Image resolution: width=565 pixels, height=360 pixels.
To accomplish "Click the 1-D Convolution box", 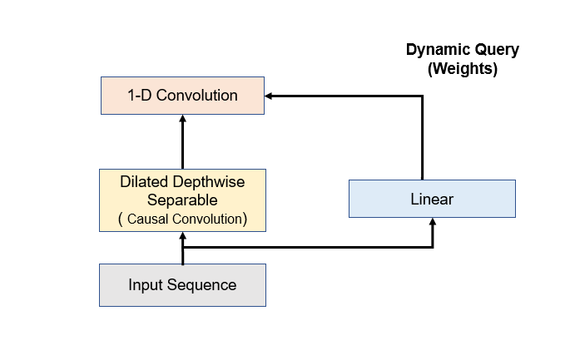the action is pos(183,96).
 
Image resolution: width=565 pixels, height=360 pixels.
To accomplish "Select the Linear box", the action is pos(432,199).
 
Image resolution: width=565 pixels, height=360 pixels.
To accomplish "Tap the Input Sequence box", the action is pos(183,285).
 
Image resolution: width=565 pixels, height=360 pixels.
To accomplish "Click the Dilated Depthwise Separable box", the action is pos(183,200).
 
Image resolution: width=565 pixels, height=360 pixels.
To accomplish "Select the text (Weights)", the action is pos(463,68).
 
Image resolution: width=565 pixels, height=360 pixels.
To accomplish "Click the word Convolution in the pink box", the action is pos(196,96).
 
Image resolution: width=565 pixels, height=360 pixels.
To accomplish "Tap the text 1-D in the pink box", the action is pos(140,96).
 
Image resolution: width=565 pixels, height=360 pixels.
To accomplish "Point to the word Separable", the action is pos(182,200).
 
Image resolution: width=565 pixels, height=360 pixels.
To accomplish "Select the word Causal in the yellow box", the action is pos(147,219).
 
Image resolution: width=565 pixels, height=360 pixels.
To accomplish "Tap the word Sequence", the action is pos(201,285).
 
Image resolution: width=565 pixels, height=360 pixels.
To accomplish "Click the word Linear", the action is pos(432,199).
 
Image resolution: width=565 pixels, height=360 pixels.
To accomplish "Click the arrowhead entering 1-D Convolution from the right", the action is pos(269,96).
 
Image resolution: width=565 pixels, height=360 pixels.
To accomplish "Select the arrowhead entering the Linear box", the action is pos(433,222).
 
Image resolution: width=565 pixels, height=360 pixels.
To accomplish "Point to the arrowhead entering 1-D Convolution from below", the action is pos(183,119).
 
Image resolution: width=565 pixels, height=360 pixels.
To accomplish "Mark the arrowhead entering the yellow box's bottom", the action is pos(183,236).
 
